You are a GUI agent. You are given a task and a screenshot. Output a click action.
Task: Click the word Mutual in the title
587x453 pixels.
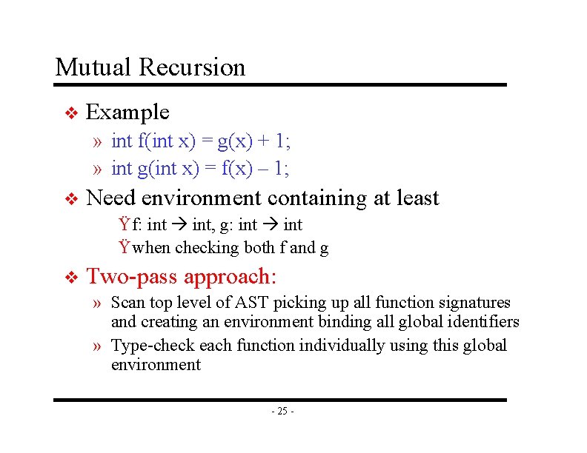[94, 67]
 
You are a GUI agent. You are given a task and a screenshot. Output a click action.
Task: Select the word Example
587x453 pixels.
[128, 112]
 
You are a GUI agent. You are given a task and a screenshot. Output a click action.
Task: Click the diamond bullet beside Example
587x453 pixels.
[71, 113]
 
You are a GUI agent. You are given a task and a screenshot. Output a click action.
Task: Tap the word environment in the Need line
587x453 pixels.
[201, 198]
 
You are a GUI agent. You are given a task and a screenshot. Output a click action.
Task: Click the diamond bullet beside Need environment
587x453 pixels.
[71, 199]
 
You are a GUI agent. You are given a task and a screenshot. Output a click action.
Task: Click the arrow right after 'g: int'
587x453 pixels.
[271, 225]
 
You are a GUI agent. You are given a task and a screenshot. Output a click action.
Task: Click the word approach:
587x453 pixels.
[230, 277]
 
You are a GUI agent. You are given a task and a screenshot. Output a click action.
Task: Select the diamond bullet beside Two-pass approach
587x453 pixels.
[71, 278]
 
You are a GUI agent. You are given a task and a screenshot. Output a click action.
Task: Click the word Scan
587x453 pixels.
[126, 302]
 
